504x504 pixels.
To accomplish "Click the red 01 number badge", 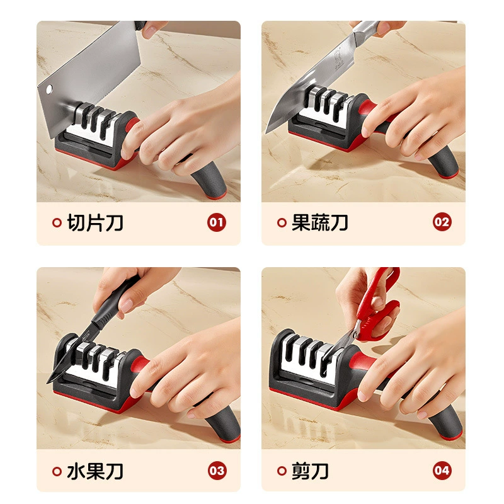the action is coord(216,222).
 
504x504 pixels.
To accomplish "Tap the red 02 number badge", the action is coord(442,222).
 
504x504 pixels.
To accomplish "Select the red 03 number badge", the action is coord(217,471).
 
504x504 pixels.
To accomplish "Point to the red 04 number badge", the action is coord(442,471).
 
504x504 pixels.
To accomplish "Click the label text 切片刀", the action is coord(95,222).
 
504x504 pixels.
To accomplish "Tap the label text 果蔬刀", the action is coord(320,222).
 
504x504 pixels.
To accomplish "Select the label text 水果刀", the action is coord(95,471).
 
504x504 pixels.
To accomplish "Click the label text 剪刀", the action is coord(310,471).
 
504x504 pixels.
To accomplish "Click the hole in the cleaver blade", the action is coord(49,89).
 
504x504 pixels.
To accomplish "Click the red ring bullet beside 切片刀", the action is coord(57,222).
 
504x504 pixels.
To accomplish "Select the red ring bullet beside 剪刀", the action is coord(282,471).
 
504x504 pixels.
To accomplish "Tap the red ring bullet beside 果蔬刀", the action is coord(282,222).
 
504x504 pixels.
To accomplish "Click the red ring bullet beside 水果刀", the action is coord(57,471).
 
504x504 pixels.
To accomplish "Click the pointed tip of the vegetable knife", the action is coord(266,133).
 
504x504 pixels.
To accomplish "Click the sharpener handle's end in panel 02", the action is coord(448,175).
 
